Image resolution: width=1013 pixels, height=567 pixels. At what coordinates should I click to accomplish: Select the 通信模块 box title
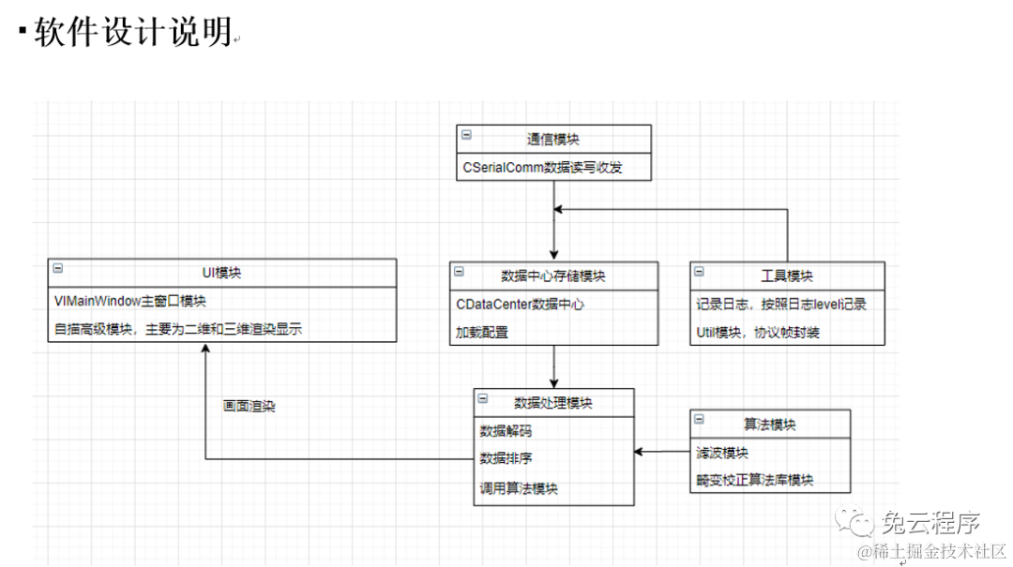tap(552, 139)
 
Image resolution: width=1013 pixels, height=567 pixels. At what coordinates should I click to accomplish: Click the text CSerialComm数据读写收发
tap(542, 168)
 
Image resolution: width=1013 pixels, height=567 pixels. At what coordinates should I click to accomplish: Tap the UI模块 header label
tap(221, 273)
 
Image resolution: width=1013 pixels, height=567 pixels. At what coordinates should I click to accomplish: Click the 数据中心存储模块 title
tap(553, 276)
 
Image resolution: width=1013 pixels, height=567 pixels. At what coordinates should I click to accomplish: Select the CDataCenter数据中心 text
tap(522, 304)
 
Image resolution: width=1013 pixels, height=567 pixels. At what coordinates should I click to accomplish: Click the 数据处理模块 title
tap(553, 403)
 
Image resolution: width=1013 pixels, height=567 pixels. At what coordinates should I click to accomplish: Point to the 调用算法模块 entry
tap(519, 487)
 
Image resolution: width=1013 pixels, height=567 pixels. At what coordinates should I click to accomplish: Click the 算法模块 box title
tap(770, 424)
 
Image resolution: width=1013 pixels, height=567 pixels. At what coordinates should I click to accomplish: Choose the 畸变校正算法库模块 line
tap(754, 480)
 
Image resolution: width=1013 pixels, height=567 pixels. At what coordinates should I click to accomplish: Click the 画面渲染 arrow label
tap(249, 407)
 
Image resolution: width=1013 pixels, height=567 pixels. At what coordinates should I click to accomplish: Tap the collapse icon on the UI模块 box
tap(57, 268)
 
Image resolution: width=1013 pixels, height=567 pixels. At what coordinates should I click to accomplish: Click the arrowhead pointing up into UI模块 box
tap(204, 348)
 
